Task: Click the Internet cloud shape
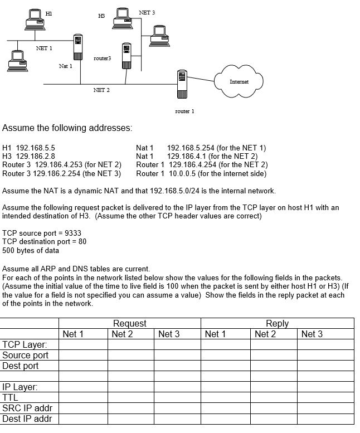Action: [239, 81]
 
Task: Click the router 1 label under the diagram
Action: [184, 111]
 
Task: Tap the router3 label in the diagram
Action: [102, 58]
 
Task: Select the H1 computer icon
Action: [35, 18]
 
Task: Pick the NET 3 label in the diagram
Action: [147, 12]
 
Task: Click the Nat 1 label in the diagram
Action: [66, 66]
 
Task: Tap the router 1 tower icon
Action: [181, 84]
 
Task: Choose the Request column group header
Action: [129, 323]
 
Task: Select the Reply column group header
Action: [277, 323]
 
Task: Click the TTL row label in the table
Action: [11, 398]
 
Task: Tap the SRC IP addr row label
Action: [27, 408]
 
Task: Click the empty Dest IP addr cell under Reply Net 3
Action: [325, 419]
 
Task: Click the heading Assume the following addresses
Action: [67, 128]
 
